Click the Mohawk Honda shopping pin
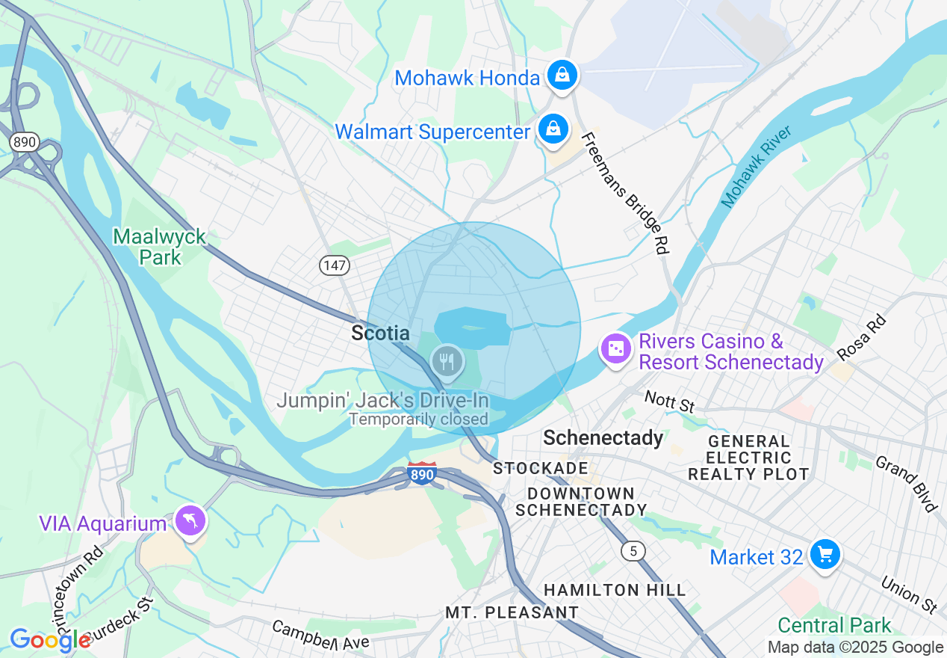[x=559, y=76]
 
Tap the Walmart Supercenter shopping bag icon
[x=553, y=130]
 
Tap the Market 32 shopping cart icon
[x=825, y=556]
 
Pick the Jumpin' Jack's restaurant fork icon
[x=447, y=361]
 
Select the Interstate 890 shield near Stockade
[x=422, y=474]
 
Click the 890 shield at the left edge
[x=25, y=142]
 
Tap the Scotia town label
[x=381, y=333]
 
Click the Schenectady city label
[x=603, y=437]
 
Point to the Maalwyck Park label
[x=159, y=247]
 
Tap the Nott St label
[x=669, y=402]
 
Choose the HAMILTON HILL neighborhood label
[x=614, y=590]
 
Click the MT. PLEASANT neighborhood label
[x=512, y=612]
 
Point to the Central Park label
[x=834, y=625]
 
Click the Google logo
[x=50, y=640]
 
